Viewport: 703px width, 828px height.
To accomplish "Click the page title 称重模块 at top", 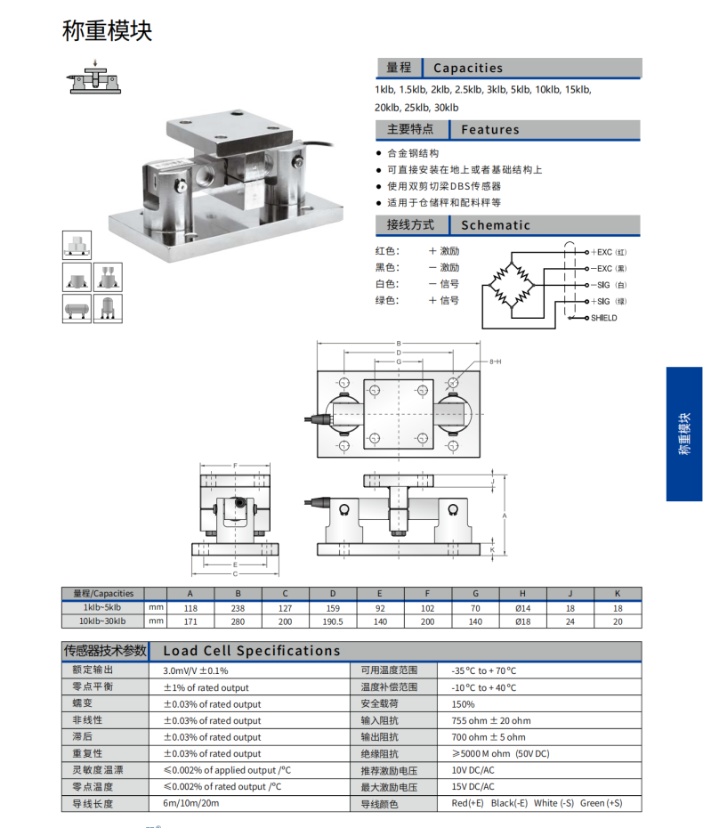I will click(108, 31).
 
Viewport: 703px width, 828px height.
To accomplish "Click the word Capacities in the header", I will click(468, 68).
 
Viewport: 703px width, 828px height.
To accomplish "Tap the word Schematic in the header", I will click(496, 225).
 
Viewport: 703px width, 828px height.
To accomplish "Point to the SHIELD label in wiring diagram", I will click(603, 318).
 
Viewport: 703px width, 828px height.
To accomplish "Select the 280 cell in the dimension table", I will click(238, 621).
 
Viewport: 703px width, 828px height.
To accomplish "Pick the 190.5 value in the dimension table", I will click(333, 621).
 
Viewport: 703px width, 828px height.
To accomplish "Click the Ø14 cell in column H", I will click(522, 607).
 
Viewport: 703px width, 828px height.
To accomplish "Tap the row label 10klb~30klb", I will click(102, 621).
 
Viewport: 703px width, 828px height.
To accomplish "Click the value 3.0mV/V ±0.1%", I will click(196, 670).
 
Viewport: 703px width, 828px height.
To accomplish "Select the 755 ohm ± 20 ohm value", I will click(490, 720).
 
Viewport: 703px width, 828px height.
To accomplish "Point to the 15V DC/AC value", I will click(473, 787).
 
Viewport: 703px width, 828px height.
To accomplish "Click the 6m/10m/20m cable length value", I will click(190, 803).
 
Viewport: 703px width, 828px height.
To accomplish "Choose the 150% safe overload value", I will click(464, 704).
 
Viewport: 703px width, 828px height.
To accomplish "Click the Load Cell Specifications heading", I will click(252, 651).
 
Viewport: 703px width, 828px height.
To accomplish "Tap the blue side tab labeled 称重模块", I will click(683, 434).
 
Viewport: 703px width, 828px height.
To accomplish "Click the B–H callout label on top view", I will click(495, 361).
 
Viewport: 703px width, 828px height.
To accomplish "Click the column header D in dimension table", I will click(333, 593).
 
